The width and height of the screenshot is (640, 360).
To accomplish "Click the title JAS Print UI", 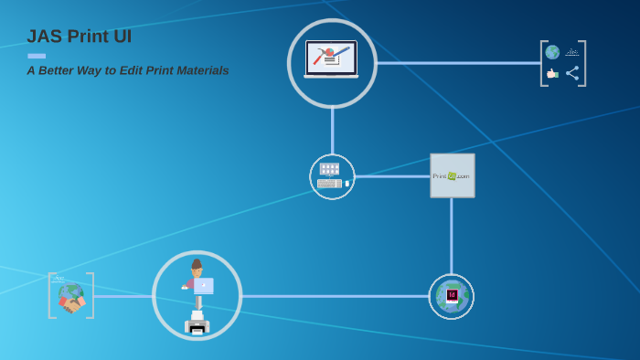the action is click(79, 37).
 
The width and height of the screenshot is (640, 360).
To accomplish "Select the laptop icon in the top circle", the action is click(331, 60).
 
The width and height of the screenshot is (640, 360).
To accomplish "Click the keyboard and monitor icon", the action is click(331, 176).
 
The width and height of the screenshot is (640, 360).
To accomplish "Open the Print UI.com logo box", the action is click(452, 175).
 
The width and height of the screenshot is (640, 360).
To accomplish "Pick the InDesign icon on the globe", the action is click(452, 295).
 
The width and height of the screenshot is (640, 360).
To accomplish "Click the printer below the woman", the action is click(197, 323).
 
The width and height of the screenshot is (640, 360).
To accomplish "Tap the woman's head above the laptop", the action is click(196, 266).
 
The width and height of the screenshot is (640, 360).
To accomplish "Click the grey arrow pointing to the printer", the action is click(197, 301).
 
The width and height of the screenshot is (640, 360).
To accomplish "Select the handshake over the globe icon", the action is click(70, 297).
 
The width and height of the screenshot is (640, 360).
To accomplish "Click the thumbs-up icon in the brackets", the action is click(552, 73).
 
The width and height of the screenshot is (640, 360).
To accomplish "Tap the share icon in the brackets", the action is click(572, 73).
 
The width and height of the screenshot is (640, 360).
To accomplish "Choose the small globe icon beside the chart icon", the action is click(552, 52).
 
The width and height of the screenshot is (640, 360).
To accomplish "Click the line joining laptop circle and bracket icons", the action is click(457, 63).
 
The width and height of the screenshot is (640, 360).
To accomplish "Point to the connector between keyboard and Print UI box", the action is click(391, 176).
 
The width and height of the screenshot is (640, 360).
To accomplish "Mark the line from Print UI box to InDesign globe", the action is click(452, 236).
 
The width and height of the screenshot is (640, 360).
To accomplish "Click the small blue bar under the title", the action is click(37, 56).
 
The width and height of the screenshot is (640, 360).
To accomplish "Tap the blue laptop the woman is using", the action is click(203, 286).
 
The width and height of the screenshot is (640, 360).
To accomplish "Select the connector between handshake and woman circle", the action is click(123, 296).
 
